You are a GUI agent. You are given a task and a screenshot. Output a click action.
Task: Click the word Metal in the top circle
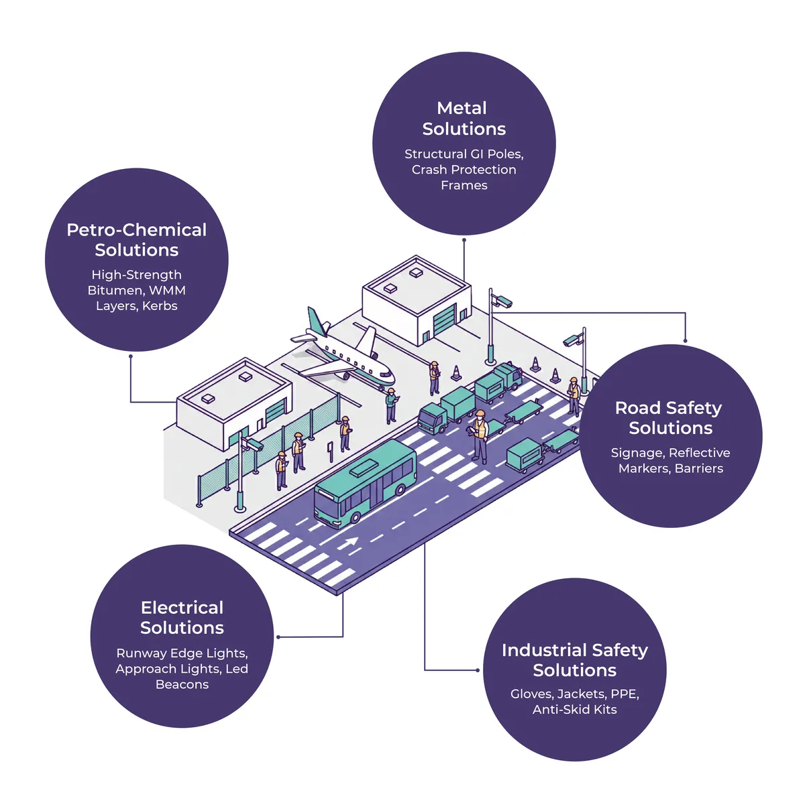[x=462, y=108]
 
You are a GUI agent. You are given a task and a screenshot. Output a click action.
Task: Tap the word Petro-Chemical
[x=137, y=230]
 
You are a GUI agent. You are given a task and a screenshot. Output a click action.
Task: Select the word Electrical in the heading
[x=182, y=608]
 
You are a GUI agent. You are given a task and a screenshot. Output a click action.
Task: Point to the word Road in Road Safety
[x=637, y=408]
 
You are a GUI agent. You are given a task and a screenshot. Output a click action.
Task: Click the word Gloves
[x=532, y=694]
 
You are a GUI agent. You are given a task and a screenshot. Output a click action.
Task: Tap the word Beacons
[x=182, y=684]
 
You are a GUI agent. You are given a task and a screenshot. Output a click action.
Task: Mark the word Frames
[x=464, y=185]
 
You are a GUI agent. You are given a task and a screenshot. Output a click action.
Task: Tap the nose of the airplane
[x=392, y=378]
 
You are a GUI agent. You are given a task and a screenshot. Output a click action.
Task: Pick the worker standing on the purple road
[x=480, y=436]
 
